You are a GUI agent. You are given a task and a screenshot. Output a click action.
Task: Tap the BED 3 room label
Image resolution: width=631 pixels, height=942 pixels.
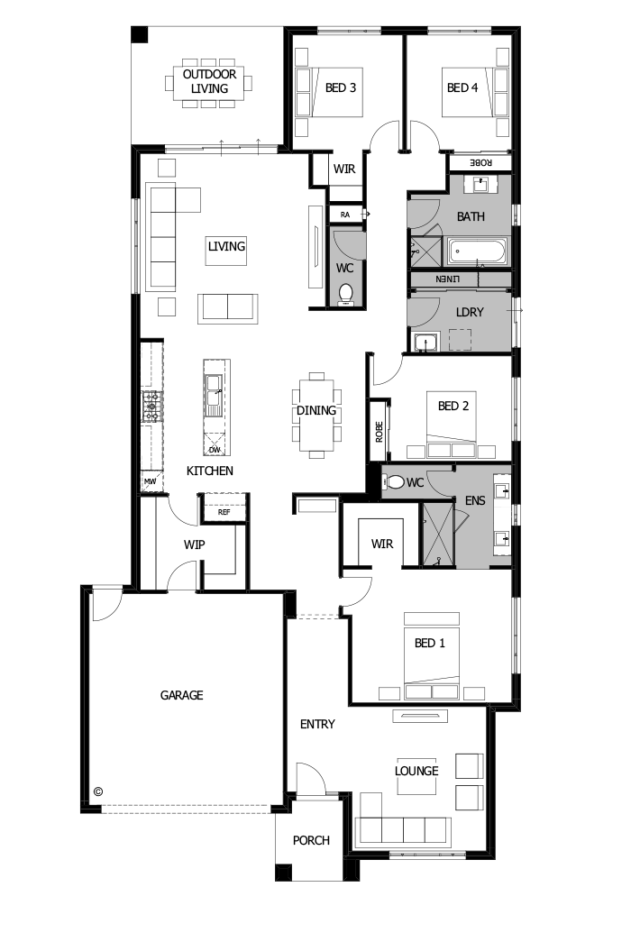point(340,87)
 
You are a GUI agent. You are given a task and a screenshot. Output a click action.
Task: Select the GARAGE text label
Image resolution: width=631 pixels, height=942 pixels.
point(181,695)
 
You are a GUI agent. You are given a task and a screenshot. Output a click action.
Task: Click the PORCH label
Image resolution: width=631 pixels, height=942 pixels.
point(311,840)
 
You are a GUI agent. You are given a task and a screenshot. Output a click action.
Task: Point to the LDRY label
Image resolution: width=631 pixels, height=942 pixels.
point(471,312)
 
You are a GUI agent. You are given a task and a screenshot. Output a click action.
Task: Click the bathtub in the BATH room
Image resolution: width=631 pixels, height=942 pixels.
point(478,252)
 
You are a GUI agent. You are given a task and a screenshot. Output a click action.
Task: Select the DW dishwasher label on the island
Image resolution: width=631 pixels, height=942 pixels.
point(215,449)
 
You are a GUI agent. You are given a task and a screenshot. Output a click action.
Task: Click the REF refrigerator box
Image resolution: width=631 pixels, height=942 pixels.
point(224,511)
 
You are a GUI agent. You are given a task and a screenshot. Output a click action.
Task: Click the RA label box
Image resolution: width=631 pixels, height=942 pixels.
point(344,215)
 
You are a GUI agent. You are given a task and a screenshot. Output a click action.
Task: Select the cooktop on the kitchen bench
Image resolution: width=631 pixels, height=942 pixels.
point(151,406)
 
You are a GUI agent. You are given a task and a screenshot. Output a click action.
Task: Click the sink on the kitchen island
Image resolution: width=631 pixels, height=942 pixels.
point(215,394)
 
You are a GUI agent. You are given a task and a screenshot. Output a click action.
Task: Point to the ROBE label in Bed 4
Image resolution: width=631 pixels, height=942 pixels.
point(481,162)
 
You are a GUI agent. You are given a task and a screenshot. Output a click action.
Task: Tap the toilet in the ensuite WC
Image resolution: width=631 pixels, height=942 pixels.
point(394,483)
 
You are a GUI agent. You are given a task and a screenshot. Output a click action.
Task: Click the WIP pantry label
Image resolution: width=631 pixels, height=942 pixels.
point(195,544)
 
